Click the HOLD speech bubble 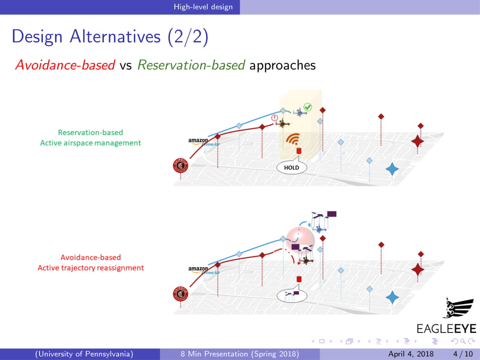(291, 168)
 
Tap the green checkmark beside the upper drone (308, 107)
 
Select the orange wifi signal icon (293, 139)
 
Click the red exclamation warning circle (274, 118)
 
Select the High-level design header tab (203, 7)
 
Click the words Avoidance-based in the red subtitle (65, 65)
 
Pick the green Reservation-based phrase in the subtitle (191, 65)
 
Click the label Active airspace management (90, 143)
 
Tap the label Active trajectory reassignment (90, 268)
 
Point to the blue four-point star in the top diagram (391, 169)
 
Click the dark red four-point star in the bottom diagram (418, 270)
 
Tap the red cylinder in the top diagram (299, 151)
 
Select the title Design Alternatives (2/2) (110, 37)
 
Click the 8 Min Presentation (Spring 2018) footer (240, 354)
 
